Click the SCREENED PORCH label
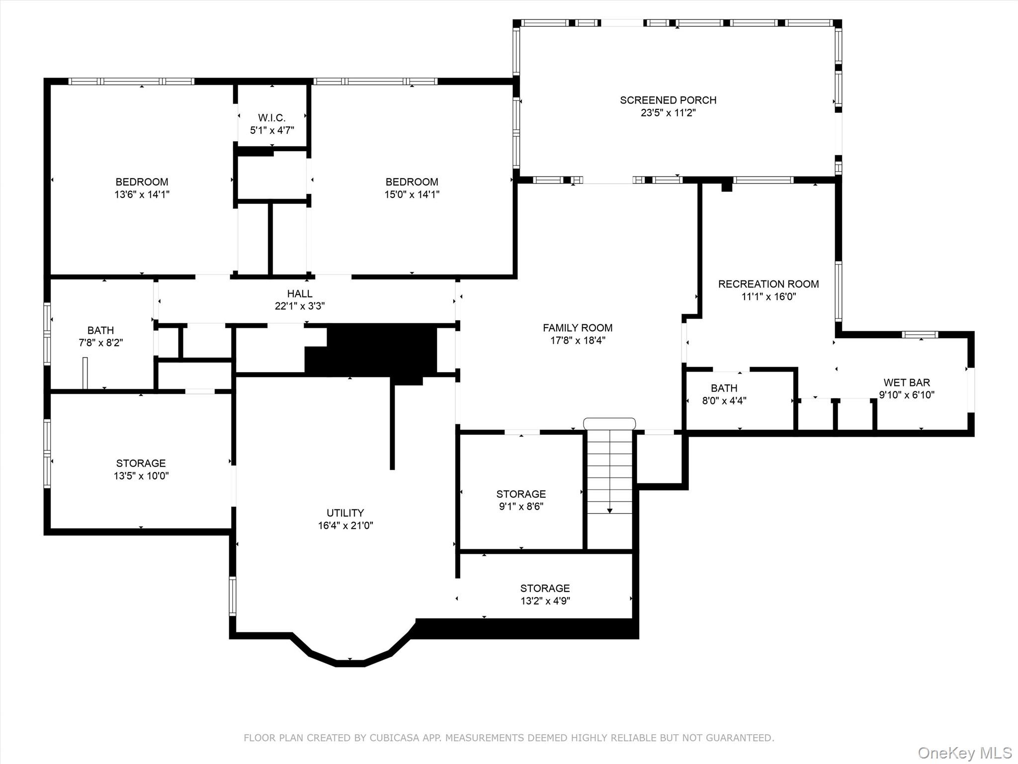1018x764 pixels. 668,100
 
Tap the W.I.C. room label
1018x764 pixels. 272,118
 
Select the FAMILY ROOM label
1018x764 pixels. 578,328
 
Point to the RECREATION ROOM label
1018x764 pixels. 768,284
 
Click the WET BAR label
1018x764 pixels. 907,382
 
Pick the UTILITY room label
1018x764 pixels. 345,513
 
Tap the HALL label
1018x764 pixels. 300,293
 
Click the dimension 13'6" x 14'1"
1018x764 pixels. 142,194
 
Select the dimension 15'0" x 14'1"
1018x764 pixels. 412,194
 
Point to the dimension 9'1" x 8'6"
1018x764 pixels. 520,506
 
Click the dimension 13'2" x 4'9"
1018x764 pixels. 545,601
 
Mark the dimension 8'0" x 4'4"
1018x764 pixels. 724,400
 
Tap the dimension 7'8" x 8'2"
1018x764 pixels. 100,343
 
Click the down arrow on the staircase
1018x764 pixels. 609,510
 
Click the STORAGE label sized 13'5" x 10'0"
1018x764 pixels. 141,463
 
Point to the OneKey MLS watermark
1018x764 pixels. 965,753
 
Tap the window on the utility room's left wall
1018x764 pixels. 232,595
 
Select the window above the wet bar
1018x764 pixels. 920,335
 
